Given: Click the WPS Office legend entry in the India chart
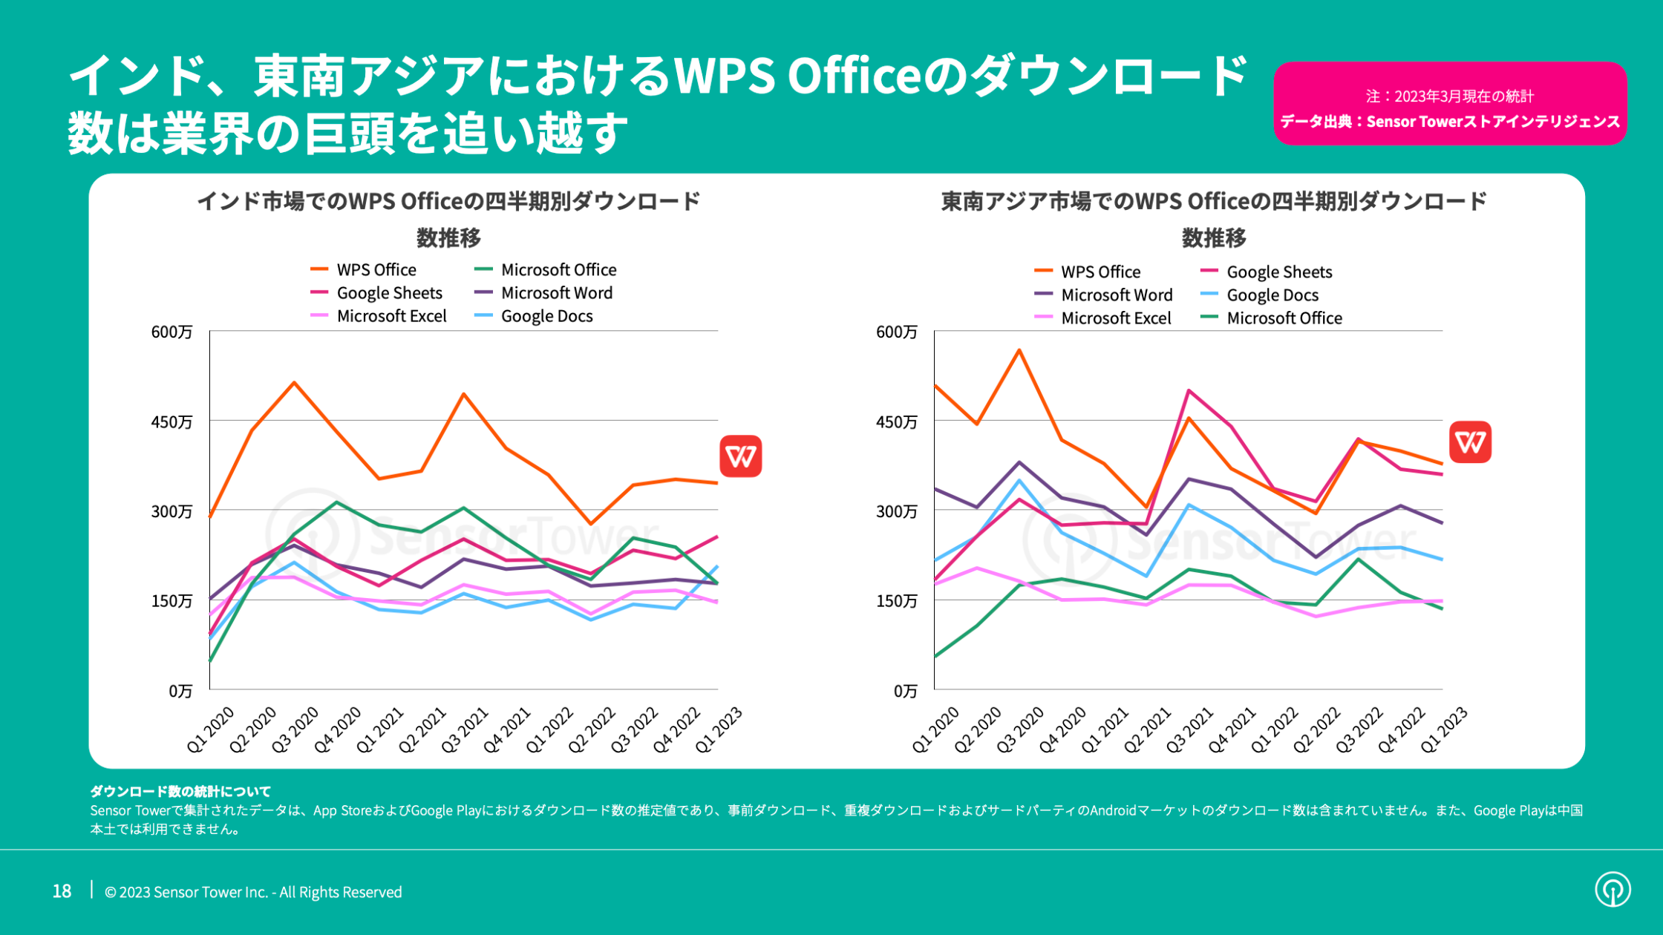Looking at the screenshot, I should click(376, 270).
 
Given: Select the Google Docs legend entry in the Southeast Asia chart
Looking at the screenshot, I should click(1272, 295).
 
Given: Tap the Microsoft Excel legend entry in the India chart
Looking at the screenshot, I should click(391, 316).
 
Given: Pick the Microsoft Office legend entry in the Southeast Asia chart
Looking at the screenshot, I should click(1284, 318).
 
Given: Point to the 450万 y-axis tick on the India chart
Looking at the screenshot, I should click(171, 421).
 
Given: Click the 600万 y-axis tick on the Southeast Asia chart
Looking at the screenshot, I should click(896, 332).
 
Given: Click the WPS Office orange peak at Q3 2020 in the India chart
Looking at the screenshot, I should click(295, 383).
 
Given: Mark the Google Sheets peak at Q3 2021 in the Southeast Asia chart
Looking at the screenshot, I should click(1189, 390).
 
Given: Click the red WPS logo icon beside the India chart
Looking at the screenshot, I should click(740, 456).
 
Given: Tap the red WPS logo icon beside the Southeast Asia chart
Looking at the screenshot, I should click(1470, 442).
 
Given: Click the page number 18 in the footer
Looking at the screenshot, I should click(62, 891).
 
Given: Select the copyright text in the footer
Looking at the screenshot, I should click(253, 892).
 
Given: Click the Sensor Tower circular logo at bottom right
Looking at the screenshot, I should click(1613, 889).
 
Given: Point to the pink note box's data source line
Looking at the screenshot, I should click(1449, 122).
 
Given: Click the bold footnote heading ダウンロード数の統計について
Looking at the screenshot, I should click(180, 791).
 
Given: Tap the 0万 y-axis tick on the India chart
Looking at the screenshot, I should click(180, 691).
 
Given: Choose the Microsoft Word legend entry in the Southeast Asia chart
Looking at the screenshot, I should click(1116, 295).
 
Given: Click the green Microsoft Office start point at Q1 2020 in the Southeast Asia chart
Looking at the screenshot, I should click(935, 657).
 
